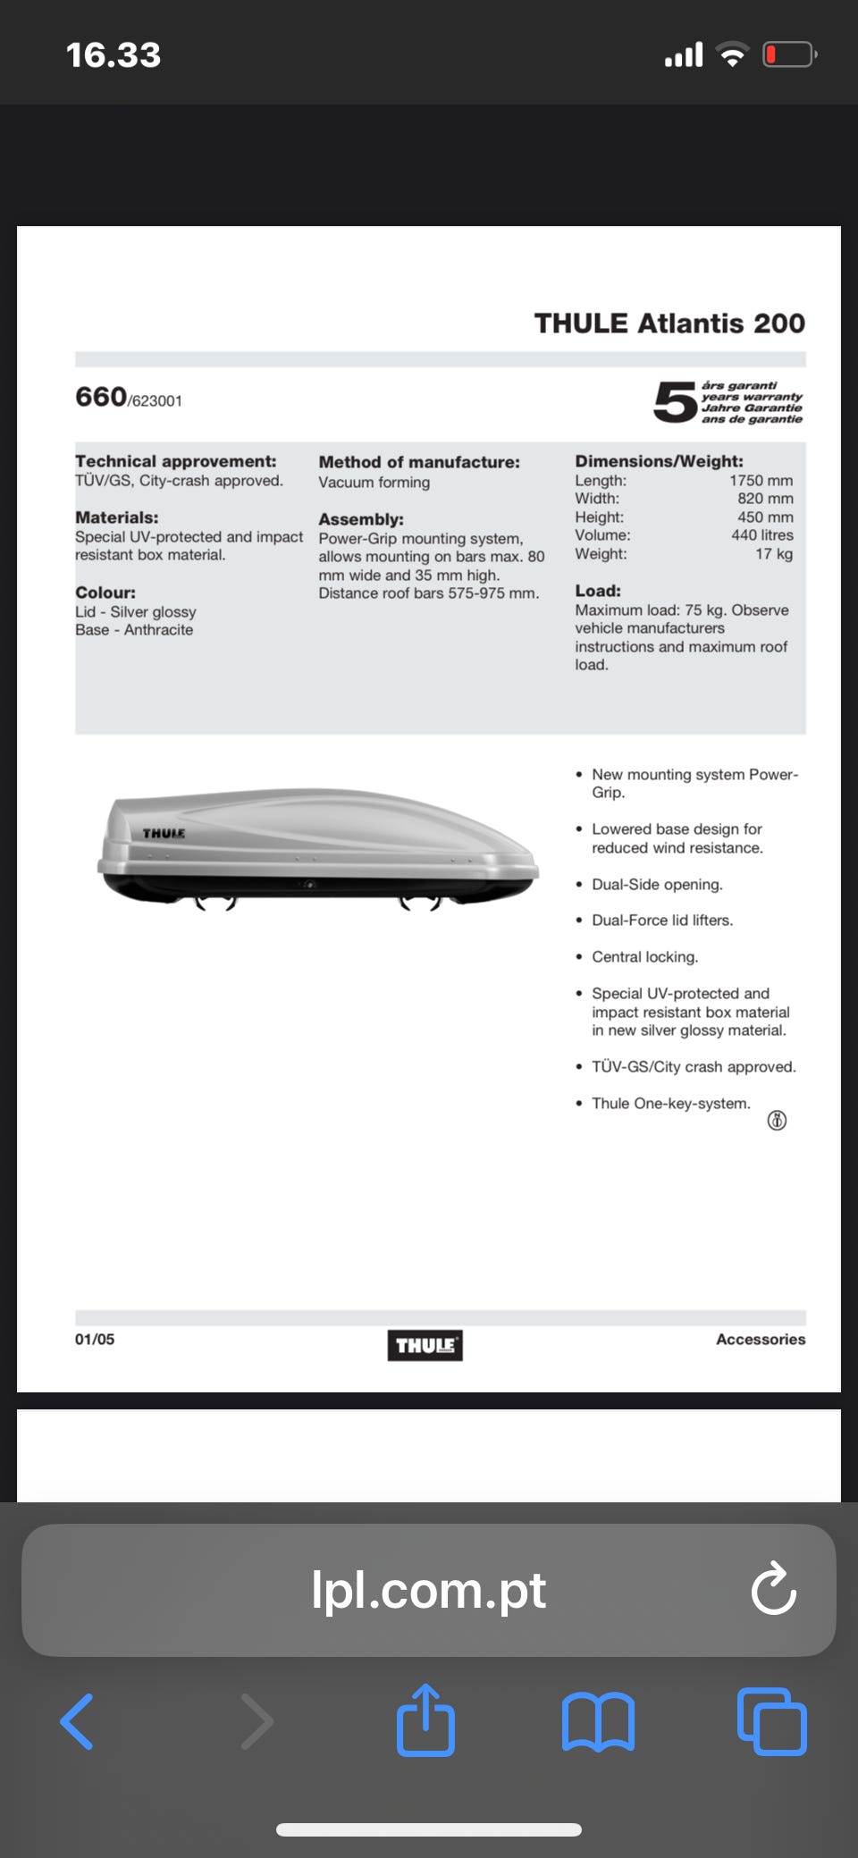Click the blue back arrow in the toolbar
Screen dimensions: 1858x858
point(77,1721)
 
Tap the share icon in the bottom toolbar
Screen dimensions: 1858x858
point(425,1720)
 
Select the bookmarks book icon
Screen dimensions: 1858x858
point(598,1721)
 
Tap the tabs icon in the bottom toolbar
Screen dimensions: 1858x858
point(772,1721)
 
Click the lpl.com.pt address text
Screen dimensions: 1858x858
point(428,1590)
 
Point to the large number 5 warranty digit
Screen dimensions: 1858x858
point(675,402)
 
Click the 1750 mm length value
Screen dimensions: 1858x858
point(761,481)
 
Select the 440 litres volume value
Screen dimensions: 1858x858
point(761,535)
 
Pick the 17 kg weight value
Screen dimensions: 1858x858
point(774,554)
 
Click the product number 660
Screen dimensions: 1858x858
point(101,397)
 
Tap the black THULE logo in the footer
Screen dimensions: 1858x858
point(425,1345)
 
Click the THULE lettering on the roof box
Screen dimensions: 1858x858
point(164,834)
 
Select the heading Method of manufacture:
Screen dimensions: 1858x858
point(419,462)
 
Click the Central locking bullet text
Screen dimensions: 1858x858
point(644,957)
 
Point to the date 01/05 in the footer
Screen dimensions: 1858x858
point(95,1339)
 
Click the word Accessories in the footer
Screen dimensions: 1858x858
point(761,1339)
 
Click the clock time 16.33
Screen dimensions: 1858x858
point(114,55)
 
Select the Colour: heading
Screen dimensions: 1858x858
point(105,593)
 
